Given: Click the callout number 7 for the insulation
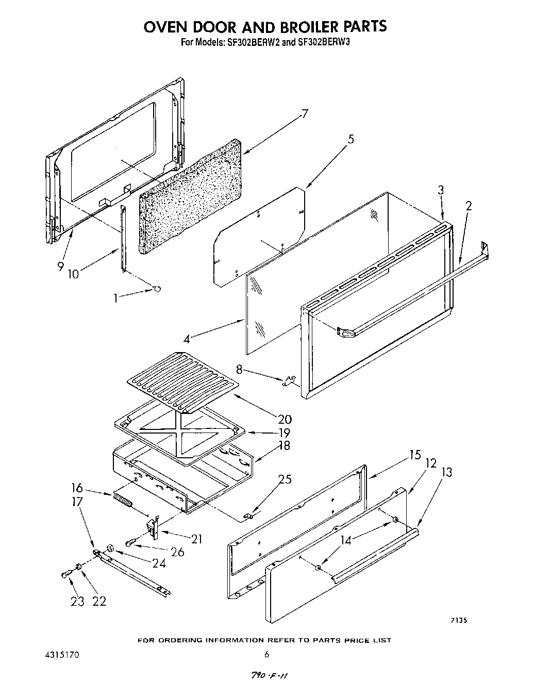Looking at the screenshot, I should (305, 114).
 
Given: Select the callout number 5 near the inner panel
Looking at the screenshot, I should (351, 139).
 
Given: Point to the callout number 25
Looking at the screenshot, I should (285, 479).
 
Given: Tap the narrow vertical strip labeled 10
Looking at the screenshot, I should (123, 237).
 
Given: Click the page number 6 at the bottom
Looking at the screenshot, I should (266, 655).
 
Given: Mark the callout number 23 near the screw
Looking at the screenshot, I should (77, 601).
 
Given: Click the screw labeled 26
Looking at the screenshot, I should (130, 543).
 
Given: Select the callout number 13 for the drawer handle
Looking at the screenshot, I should (446, 472).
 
